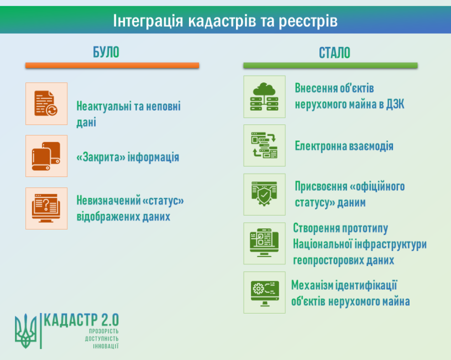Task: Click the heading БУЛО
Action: click(x=106, y=52)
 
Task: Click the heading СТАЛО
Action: click(x=334, y=53)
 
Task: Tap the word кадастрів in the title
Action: click(x=222, y=20)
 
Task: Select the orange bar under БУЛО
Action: click(x=112, y=65)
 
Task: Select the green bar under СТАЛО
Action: click(x=331, y=65)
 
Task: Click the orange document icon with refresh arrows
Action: click(x=46, y=103)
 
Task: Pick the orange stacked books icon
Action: click(x=46, y=156)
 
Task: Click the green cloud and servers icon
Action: click(x=264, y=97)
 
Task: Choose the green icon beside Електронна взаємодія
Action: click(x=264, y=145)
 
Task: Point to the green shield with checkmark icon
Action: click(x=264, y=194)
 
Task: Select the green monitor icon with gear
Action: click(x=265, y=293)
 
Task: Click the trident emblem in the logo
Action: click(x=26, y=331)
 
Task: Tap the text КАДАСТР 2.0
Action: click(x=81, y=320)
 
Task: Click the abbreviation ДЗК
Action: click(x=395, y=104)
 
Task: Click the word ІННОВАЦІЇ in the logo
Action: click(x=106, y=346)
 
